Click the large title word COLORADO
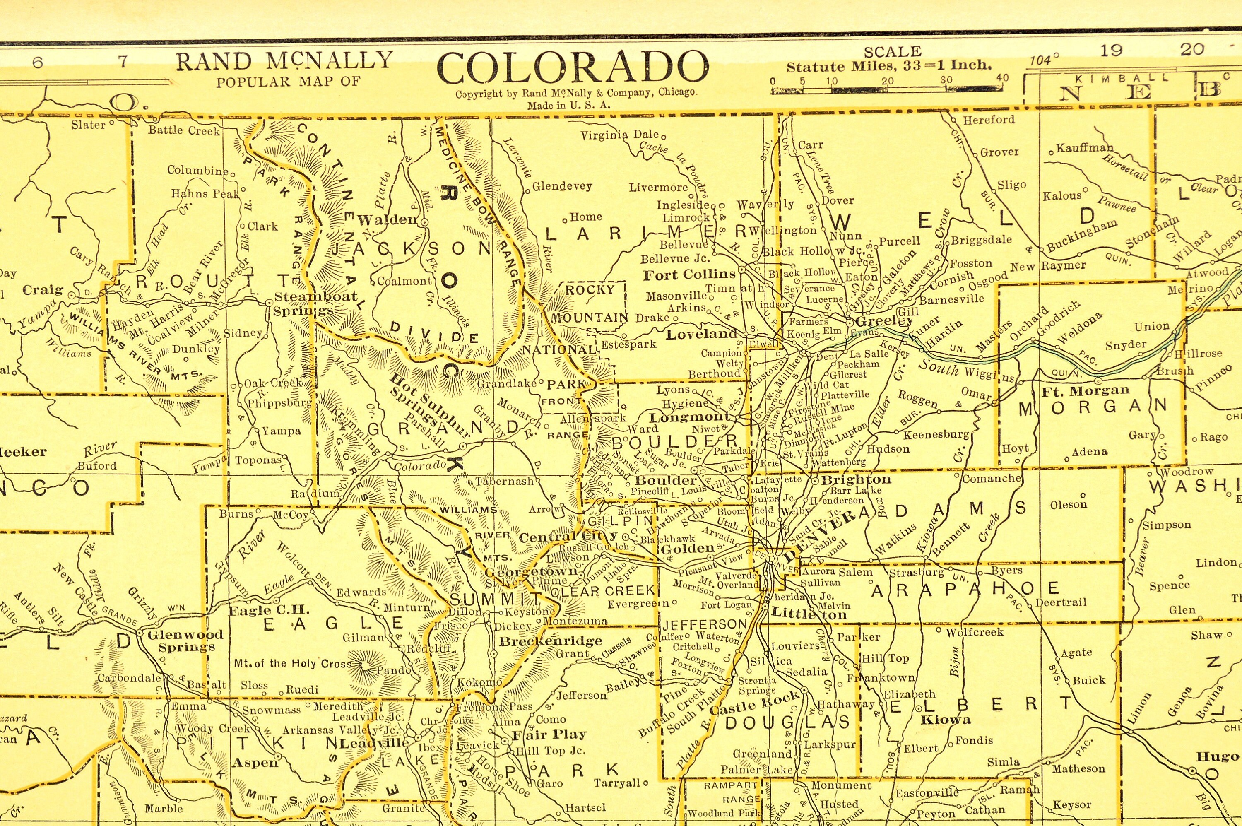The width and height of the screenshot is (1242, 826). pos(573,68)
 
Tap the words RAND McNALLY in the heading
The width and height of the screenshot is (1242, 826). pos(284,61)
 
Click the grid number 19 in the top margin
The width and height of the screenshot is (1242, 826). pos(1111,51)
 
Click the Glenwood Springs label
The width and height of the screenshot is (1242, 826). pos(185,641)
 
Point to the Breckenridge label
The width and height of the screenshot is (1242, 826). pos(551,641)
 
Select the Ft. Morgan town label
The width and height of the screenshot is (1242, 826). pos(1086,391)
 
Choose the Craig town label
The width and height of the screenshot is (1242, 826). pos(43,290)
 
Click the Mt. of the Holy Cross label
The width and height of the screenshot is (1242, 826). pos(293,663)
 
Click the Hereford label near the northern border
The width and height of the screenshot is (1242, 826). pos(988,120)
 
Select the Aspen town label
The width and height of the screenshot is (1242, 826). pos(255,762)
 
